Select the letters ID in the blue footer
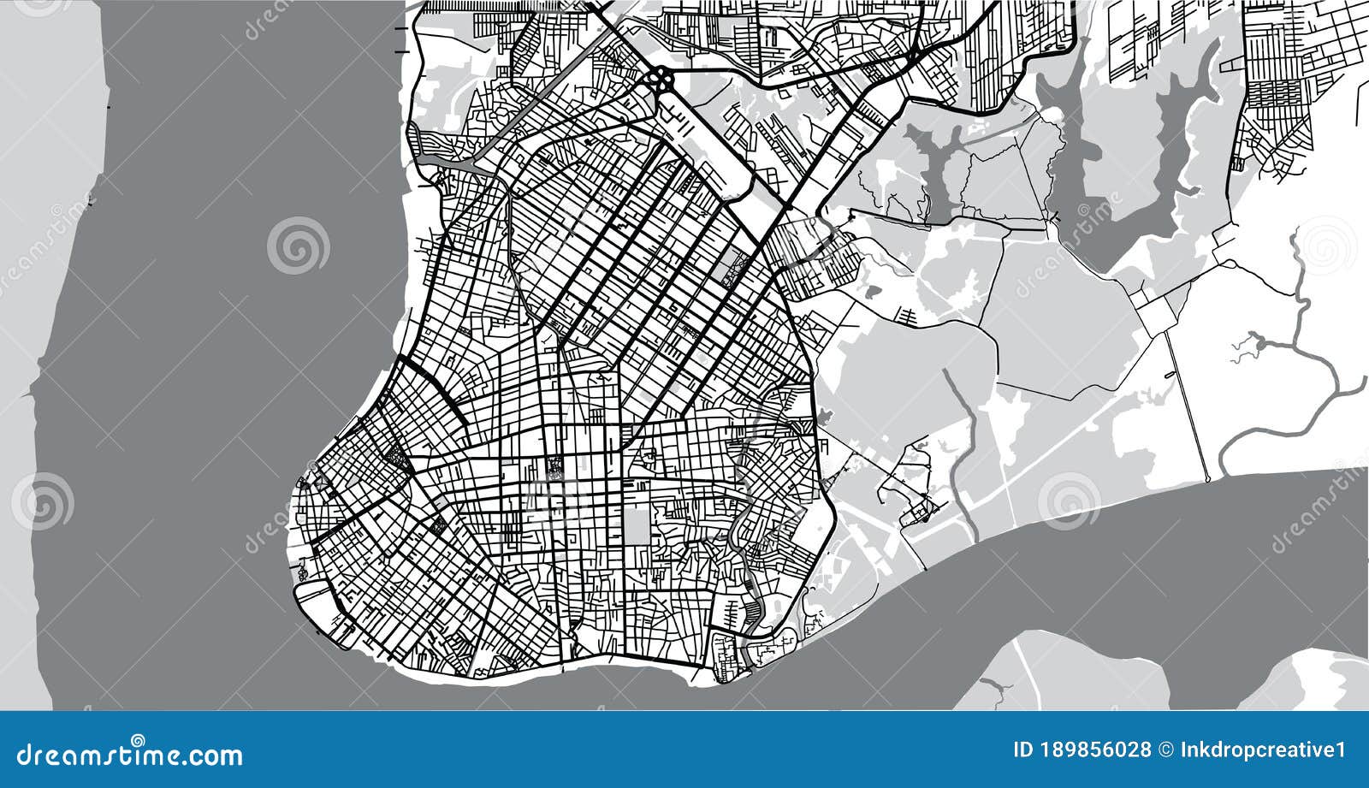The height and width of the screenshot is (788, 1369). coord(1021,750)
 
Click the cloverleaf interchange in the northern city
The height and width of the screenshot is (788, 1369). coord(661,80)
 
